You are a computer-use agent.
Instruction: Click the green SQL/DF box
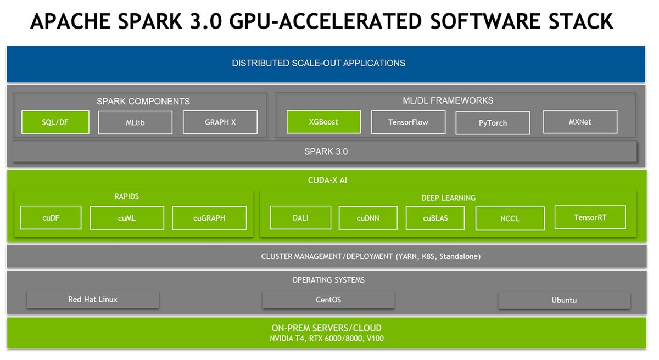point(55,122)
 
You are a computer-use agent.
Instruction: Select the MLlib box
point(135,122)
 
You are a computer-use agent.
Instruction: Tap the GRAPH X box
point(220,122)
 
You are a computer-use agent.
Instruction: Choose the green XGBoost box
point(323,122)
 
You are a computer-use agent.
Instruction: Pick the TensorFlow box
point(409,122)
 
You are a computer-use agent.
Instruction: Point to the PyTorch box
point(493,123)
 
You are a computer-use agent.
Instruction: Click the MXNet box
point(580,122)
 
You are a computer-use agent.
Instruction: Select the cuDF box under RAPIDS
point(51,218)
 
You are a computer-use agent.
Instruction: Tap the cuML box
point(127,218)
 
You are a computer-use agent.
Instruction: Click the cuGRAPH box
point(209,218)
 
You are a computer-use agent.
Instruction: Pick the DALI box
point(301,218)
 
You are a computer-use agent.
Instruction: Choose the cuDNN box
point(368,218)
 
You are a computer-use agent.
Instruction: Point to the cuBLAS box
point(435,218)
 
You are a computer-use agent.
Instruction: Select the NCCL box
point(510,218)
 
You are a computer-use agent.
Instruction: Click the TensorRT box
point(590,217)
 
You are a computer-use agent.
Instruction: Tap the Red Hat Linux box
point(93,300)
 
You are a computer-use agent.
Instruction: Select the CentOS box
point(328,300)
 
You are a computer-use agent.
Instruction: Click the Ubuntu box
point(564,300)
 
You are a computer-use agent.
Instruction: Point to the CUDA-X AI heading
point(327,180)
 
